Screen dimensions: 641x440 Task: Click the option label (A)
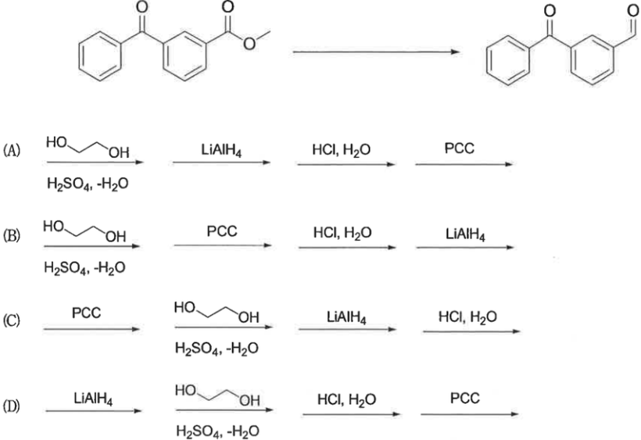[x=12, y=151]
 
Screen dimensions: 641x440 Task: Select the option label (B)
[x=12, y=236]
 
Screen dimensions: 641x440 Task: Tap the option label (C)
[x=12, y=320]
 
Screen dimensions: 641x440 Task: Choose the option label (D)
[x=12, y=406]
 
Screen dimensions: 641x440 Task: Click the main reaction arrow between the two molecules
[x=376, y=52]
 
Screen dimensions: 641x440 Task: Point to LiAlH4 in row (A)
[x=221, y=150]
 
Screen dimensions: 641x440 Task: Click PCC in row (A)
[x=460, y=148]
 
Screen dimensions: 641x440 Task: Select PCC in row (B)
[x=221, y=231]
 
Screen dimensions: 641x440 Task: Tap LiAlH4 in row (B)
[x=465, y=234]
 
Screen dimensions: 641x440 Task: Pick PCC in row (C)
[x=86, y=313]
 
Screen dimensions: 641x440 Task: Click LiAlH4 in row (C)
[x=346, y=317]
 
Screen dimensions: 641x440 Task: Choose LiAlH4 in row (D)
[x=93, y=399]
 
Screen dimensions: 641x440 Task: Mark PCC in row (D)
[x=465, y=398]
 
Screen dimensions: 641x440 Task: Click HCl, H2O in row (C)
[x=467, y=317]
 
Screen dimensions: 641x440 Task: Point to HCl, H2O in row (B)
[x=342, y=233]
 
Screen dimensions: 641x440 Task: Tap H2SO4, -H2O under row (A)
[x=88, y=184]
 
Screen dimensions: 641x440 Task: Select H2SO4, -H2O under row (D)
[x=217, y=431]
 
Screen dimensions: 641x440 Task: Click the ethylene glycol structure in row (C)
[x=217, y=312]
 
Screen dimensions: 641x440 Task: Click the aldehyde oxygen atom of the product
[x=633, y=10]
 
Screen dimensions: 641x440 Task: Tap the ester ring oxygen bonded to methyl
[x=249, y=43]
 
